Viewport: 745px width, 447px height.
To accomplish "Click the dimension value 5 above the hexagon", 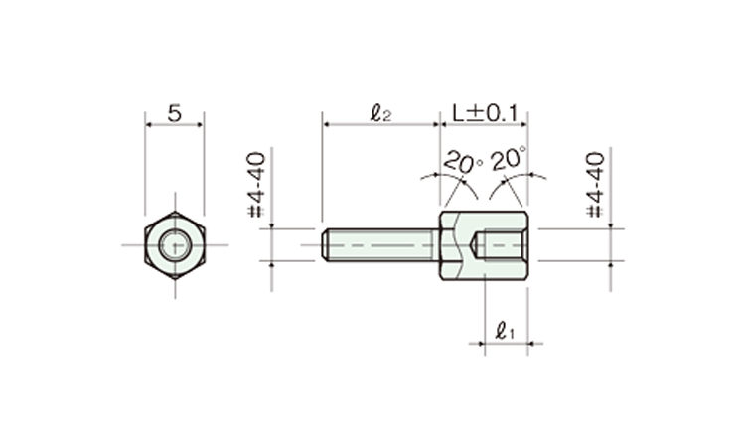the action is tap(175, 113).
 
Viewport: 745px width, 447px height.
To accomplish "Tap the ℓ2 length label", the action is tap(380, 113).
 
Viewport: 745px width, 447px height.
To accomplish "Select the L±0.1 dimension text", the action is tap(484, 113).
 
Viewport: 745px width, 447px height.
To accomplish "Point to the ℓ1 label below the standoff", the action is tap(504, 331).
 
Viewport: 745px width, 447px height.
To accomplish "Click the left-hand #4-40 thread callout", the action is tap(257, 185).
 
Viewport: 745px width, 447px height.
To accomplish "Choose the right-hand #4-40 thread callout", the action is tap(596, 185).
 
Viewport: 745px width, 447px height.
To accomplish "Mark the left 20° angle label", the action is tap(462, 163).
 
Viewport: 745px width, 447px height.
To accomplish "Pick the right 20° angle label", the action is tap(509, 159).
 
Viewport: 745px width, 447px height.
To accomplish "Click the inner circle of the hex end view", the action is tap(175, 245).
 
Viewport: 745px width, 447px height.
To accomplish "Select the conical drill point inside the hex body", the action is tap(477, 245).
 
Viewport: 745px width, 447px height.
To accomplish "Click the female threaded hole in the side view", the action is tap(504, 245).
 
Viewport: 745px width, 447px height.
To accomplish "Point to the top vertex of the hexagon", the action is tap(175, 212).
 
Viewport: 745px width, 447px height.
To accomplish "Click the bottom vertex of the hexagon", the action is tap(175, 279).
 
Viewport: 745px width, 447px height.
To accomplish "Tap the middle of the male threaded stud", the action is tap(380, 245).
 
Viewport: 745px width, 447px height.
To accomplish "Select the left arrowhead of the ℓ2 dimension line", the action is tap(327, 124).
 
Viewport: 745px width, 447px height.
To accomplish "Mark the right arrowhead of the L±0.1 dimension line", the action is tap(523, 124).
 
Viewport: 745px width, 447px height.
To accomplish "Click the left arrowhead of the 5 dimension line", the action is tap(150, 124).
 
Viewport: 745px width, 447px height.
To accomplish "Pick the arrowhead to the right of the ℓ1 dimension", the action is tap(533, 343).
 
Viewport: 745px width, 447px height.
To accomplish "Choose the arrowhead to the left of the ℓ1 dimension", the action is tap(480, 343).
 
